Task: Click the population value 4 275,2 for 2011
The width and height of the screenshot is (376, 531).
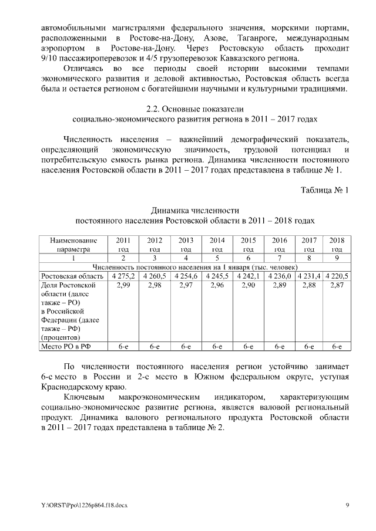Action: coord(123,276)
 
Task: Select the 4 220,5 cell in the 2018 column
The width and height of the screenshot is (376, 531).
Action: coord(337,276)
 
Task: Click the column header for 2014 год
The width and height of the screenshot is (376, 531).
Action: coord(217,245)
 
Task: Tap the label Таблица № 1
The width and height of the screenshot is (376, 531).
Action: coord(324,190)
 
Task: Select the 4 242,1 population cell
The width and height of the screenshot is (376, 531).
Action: coord(248,276)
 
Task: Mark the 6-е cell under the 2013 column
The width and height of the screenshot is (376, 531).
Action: coord(186,347)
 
